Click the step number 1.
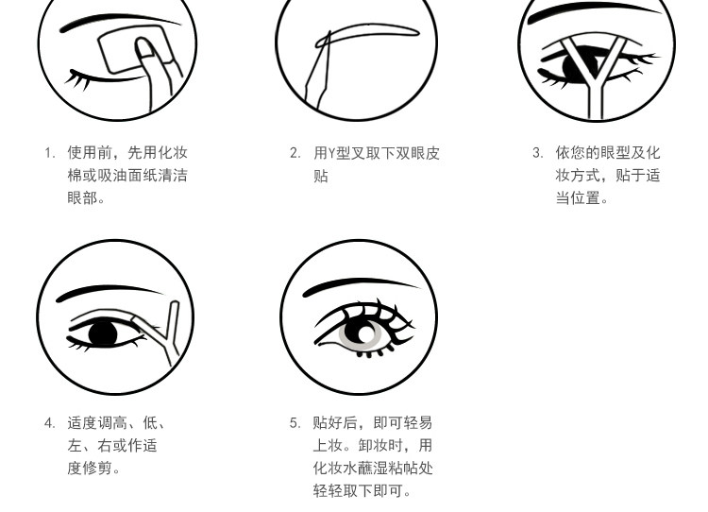click(x=48, y=153)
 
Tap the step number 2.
click(x=295, y=153)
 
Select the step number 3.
click(x=537, y=153)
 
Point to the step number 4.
click(x=48, y=423)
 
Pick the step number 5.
click(x=295, y=423)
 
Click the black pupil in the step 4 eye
click(x=102, y=333)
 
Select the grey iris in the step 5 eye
click(x=364, y=333)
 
